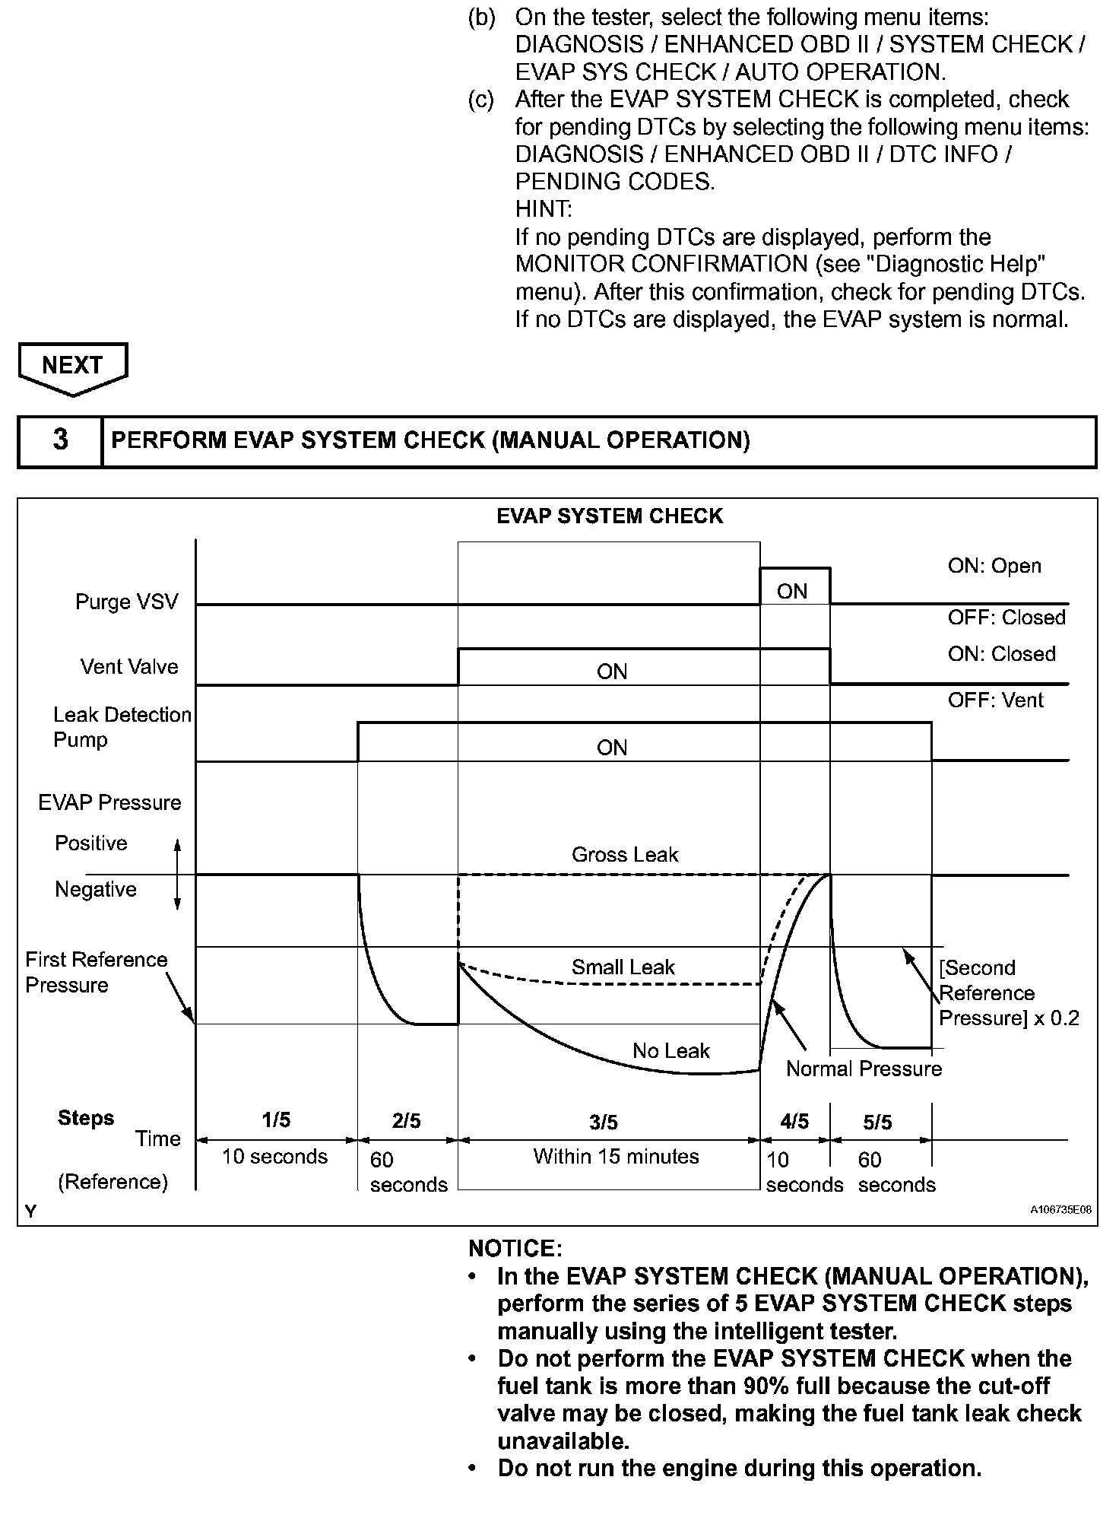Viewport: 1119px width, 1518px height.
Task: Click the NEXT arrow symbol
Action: coord(72,367)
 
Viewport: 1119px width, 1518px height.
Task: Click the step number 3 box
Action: coord(60,440)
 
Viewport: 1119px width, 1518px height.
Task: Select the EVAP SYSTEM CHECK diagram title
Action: coord(610,516)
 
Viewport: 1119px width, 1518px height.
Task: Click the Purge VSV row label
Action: coord(126,602)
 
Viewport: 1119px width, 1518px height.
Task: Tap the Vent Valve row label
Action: coord(129,667)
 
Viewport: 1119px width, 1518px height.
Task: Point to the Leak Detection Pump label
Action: coord(122,727)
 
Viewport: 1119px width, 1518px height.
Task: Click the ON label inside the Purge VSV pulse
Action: coord(792,592)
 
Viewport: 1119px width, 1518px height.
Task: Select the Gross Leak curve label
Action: coord(624,855)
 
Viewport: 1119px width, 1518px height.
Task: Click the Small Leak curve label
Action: coord(623,967)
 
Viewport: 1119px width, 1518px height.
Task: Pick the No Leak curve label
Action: coord(670,1051)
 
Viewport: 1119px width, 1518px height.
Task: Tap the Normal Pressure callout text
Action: coord(864,1069)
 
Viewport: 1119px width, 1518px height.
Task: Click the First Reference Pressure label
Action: coord(96,972)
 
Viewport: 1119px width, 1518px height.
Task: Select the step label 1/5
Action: coord(276,1120)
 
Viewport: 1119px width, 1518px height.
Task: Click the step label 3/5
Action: coord(604,1123)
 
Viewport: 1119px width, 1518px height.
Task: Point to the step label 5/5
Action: coord(877,1123)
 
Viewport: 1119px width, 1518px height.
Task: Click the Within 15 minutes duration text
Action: coord(616,1157)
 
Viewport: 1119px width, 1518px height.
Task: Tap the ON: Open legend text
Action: coord(994,566)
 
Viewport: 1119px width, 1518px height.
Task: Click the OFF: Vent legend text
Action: coord(995,700)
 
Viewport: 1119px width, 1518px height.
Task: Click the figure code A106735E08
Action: coord(1060,1210)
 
